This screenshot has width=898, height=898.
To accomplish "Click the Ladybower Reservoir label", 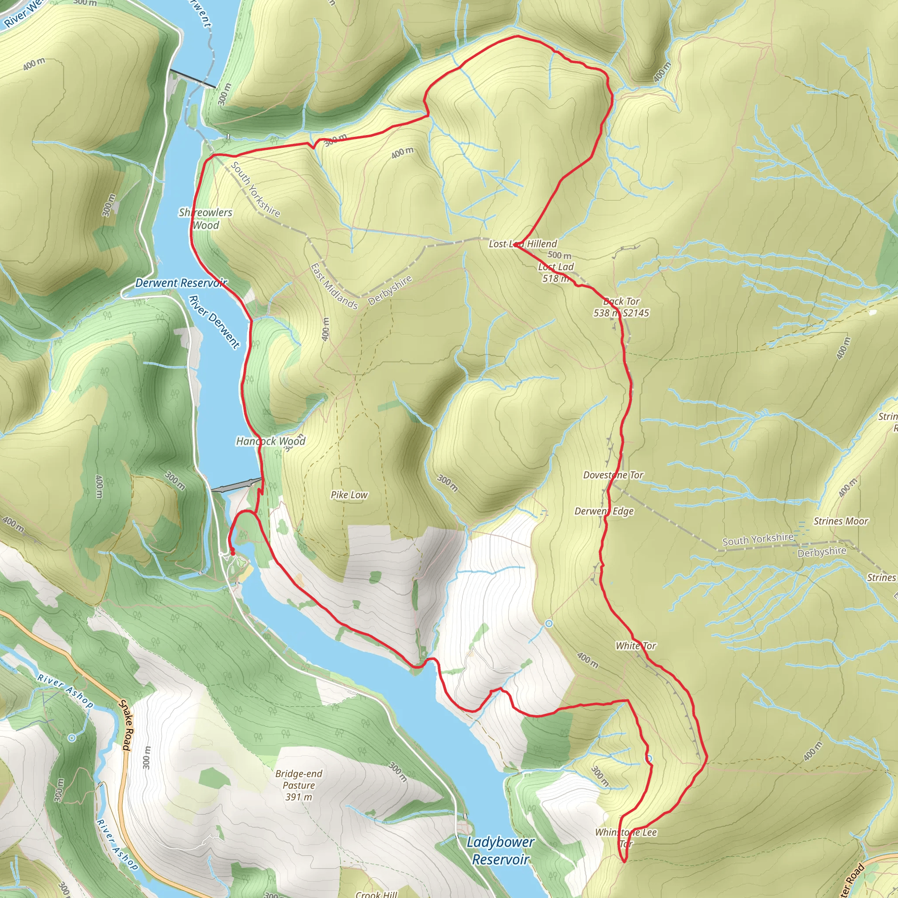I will pos(501,851).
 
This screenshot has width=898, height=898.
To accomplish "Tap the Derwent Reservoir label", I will pos(181,283).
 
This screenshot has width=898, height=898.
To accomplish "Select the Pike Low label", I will pos(349,495).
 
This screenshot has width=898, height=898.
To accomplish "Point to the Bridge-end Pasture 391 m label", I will pos(299,785).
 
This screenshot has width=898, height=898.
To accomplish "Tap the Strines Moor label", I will pos(841,521).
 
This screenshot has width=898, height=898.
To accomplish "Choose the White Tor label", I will pos(635,645).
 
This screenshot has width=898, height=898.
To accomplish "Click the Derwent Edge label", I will pos(604,511).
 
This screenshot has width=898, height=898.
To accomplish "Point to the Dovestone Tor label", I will pos(613,475).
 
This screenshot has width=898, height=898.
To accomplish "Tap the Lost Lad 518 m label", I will pos(556,272).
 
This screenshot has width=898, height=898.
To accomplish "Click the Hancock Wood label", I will pos(271,441).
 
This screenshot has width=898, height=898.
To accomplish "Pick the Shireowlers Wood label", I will pos(206,218).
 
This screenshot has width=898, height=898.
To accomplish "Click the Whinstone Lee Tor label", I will pos(626,837).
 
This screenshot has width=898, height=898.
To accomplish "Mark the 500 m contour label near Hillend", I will pos(559,255).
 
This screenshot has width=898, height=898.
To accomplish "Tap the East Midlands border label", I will pos(334,286).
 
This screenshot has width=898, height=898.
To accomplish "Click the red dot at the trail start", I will pos(232,552).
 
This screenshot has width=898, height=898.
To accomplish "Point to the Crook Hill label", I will pos(376,893).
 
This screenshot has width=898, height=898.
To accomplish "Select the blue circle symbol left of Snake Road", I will pos(71,738).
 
